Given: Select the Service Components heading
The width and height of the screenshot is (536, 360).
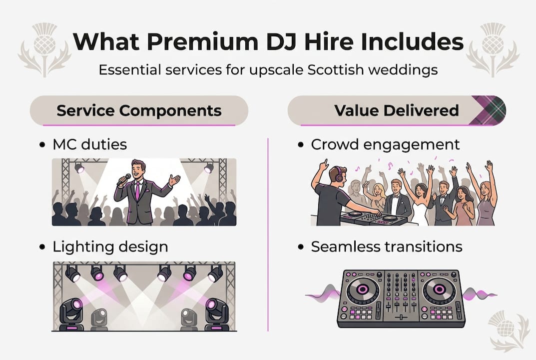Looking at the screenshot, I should point(138,110).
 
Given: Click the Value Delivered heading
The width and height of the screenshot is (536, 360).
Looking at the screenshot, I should point(397,110).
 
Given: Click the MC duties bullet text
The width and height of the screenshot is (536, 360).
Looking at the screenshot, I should point(89,144).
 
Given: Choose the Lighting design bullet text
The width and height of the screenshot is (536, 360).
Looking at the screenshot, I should point(110,246).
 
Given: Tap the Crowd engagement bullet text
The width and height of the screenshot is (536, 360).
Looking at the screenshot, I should point(385,144).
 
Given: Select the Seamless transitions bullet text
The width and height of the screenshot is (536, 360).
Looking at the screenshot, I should point(386,246).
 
